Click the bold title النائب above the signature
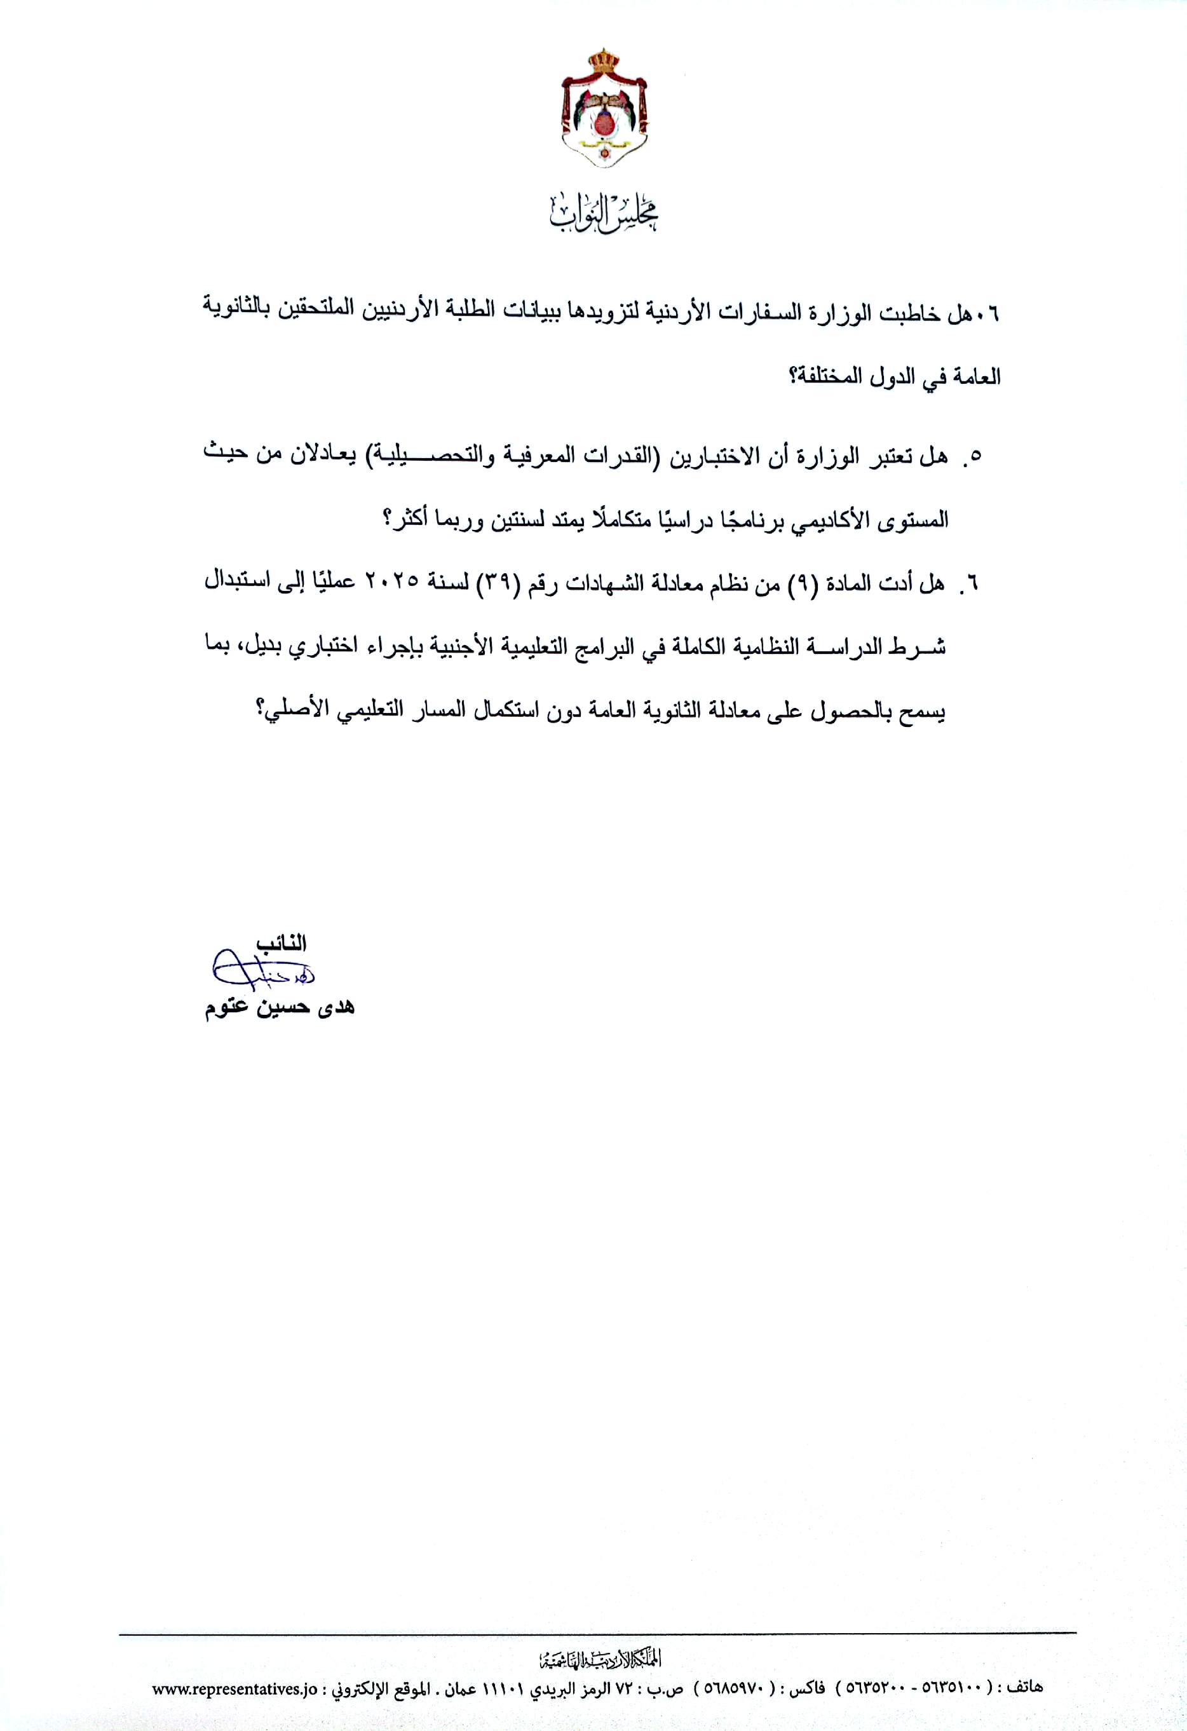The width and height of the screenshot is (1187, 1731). tap(281, 944)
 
